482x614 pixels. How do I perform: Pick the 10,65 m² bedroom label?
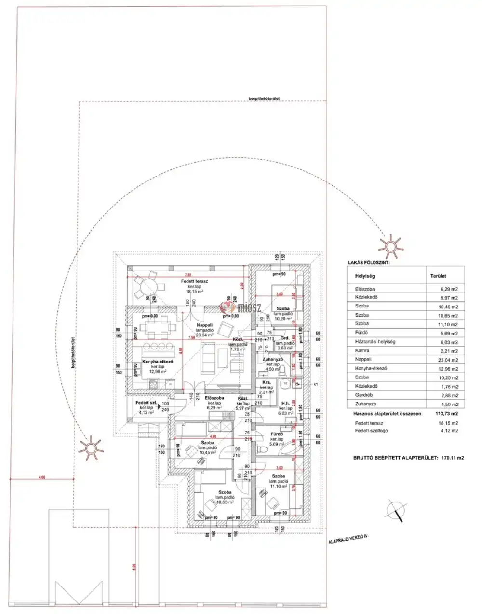[225, 492]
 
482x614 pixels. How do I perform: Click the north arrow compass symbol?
[396, 509]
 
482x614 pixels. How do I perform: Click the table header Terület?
[438, 276]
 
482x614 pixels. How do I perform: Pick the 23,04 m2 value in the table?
[448, 360]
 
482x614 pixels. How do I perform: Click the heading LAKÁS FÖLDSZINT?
[369, 263]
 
